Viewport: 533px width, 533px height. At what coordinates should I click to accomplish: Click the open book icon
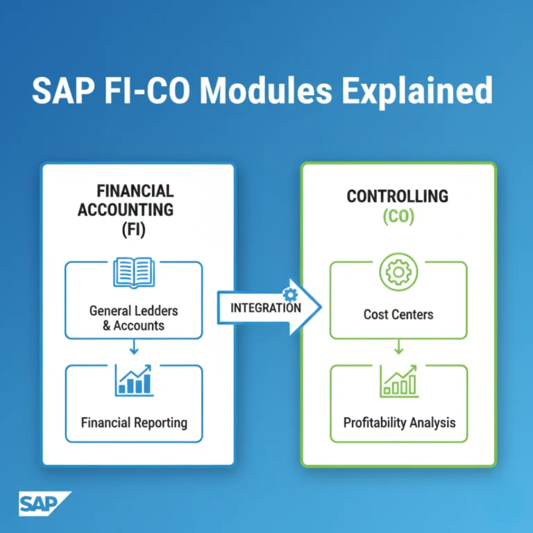(x=133, y=273)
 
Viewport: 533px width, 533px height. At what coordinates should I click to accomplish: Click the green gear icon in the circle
(x=398, y=272)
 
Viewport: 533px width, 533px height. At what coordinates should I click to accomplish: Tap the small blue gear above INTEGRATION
(x=289, y=294)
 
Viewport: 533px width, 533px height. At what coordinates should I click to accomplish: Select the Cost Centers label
(x=398, y=314)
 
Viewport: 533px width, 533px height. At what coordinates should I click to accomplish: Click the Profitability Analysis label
(x=399, y=422)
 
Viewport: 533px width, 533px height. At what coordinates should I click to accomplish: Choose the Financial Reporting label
(x=134, y=422)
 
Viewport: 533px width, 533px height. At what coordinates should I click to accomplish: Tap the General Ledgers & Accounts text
(x=133, y=318)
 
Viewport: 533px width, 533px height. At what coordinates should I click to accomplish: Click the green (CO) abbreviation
(x=398, y=217)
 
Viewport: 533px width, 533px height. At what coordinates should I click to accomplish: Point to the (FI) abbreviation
(x=135, y=229)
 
